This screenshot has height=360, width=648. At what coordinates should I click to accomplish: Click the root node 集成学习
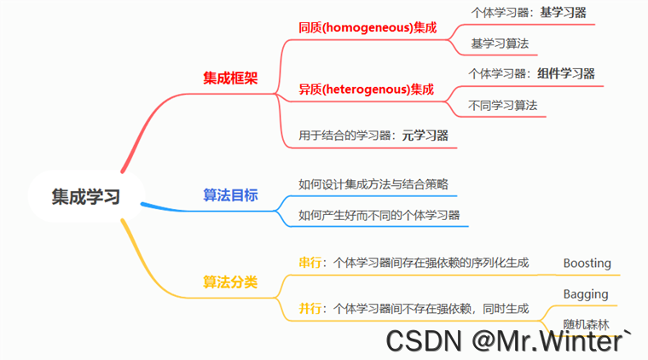tap(85, 196)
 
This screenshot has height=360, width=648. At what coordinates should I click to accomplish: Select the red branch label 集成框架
tap(230, 78)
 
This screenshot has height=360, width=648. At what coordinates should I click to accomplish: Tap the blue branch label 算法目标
tap(230, 195)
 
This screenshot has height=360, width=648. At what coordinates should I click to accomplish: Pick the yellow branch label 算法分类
tap(230, 282)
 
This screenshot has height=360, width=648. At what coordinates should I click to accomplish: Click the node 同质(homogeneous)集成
tap(367, 28)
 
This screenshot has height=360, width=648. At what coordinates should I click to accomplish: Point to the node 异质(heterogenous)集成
tap(366, 89)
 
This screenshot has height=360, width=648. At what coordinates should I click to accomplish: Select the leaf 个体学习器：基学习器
tap(529, 13)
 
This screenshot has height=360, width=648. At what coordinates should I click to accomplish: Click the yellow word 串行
tap(310, 263)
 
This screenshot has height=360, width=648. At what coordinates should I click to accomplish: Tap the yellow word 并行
tap(310, 308)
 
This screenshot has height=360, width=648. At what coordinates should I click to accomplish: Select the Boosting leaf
tap(587, 263)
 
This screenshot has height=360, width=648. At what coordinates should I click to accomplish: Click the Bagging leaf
tap(586, 294)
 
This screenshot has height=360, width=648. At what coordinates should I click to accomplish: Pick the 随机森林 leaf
tap(587, 324)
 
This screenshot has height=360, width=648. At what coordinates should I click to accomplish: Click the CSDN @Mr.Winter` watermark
tap(509, 341)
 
